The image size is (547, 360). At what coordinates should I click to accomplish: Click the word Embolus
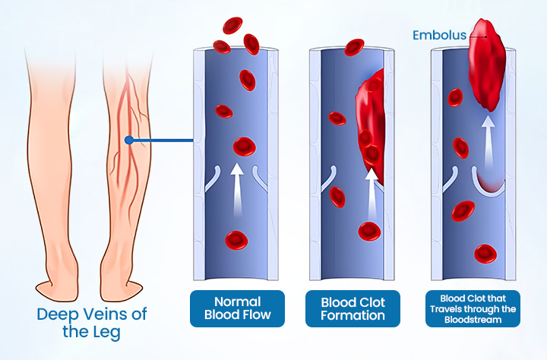439,35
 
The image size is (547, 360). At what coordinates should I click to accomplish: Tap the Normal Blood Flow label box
237,308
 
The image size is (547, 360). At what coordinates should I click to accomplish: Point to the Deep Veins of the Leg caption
92,323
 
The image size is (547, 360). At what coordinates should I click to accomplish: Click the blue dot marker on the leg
130,141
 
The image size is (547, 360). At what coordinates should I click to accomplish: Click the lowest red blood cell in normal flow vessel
236,241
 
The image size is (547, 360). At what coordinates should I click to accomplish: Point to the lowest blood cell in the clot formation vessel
369,231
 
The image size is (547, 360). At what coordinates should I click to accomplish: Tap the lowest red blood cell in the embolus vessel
482,253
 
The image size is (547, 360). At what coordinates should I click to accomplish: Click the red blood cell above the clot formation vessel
354,47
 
